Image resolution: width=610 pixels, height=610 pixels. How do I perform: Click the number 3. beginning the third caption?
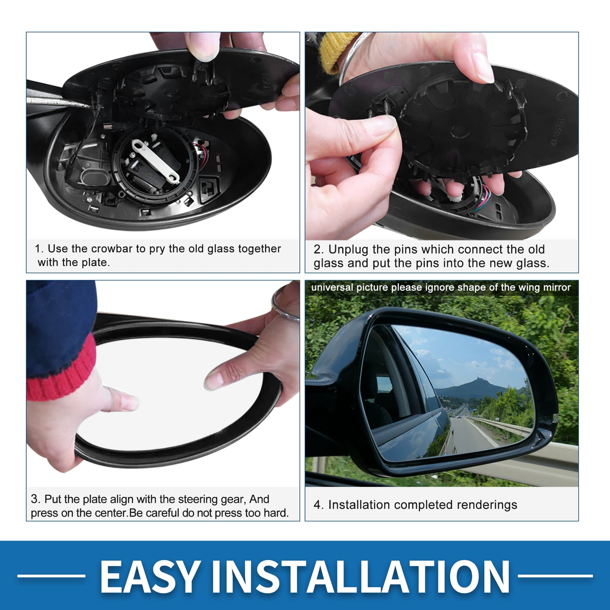[x=36, y=499]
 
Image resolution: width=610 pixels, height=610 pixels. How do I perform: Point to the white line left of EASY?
[x=51, y=576]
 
